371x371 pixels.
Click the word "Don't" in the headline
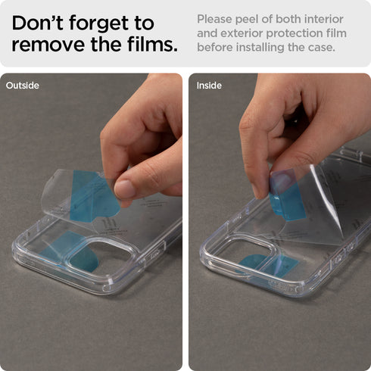point(37,23)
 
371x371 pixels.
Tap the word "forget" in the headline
point(98,24)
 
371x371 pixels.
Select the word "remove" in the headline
point(48,45)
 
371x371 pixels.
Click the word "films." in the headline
point(152,44)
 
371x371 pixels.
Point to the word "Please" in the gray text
point(215,20)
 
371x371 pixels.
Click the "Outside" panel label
point(23,86)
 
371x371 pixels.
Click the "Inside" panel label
point(209,86)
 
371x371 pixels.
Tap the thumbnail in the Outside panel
point(126,189)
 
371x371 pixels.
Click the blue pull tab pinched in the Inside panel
point(286,195)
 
